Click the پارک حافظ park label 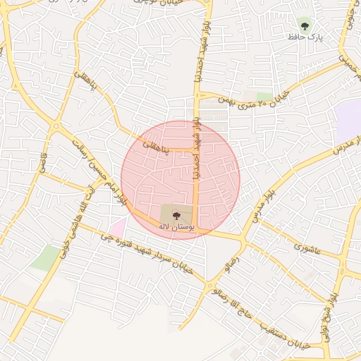coord(305,37)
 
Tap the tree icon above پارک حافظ coord(305,26)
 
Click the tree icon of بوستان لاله coord(176,215)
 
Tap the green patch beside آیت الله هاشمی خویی coord(45,258)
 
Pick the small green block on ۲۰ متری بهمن coord(265,96)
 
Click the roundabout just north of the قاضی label coord(55,128)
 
